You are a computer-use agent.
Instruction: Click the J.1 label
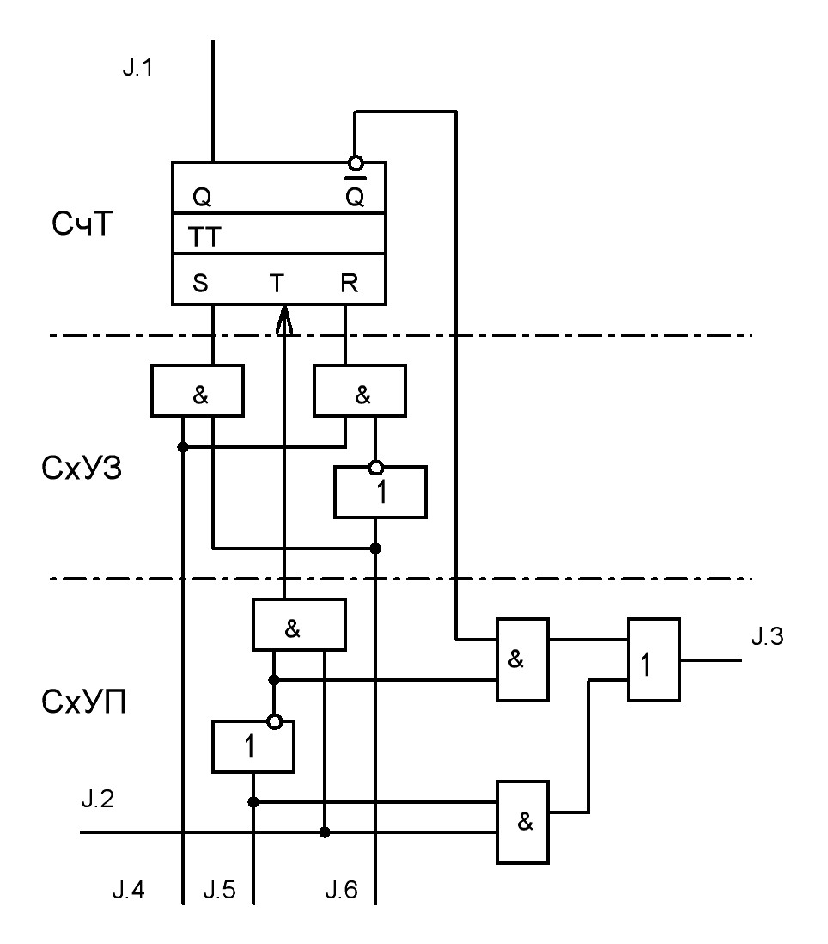[x=137, y=67]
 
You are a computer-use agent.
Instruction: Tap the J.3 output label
[x=767, y=636]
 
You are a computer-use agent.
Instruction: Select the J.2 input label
[x=97, y=799]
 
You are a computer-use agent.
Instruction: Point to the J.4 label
[x=129, y=890]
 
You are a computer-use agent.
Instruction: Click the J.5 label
[x=220, y=890]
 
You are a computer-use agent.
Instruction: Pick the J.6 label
[x=342, y=890]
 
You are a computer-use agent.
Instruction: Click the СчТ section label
[x=82, y=224]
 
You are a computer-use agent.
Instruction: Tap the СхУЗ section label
[x=82, y=468]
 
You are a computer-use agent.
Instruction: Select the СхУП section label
[x=83, y=702]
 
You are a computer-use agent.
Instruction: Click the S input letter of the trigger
[x=200, y=283]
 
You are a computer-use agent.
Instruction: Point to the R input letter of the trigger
[x=350, y=283]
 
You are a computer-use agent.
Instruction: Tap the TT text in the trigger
[x=204, y=237]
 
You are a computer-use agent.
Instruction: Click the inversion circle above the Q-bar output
[x=356, y=162]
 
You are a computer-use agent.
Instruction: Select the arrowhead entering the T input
[x=283, y=319]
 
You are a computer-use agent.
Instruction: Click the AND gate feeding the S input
[x=198, y=390]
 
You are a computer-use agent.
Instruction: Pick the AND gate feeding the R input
[x=360, y=390]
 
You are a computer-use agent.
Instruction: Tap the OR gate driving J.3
[x=654, y=659]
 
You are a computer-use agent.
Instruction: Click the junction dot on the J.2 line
[x=325, y=832]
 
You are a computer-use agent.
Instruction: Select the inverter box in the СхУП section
[x=253, y=747]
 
